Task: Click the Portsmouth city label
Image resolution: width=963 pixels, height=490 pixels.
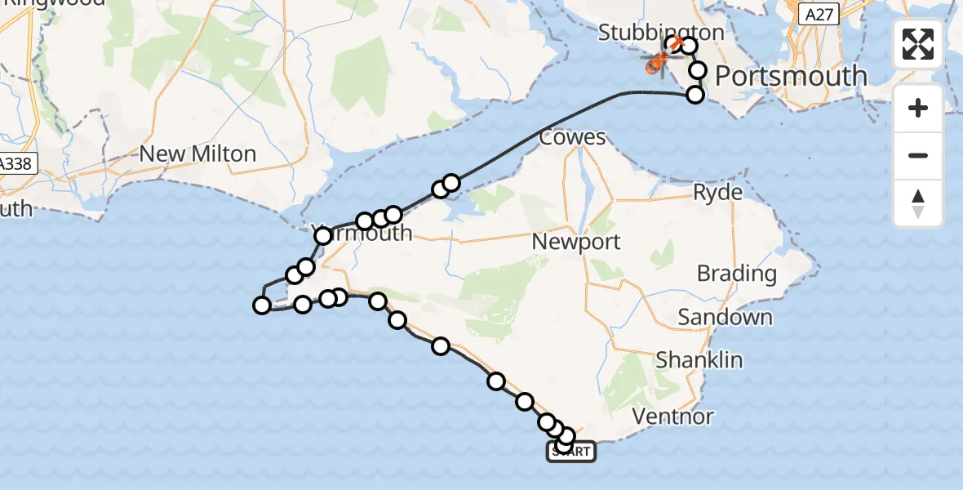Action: coord(791,76)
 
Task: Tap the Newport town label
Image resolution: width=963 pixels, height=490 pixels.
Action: coord(575,242)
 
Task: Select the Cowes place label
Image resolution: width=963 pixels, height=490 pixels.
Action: coord(572,137)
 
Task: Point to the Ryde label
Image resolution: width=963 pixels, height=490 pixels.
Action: coord(717,193)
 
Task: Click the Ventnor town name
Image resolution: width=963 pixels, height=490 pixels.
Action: coord(673,417)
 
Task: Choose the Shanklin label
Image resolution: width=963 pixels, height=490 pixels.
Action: coord(699,359)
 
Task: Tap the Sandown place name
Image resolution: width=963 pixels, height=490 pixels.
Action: coord(725,317)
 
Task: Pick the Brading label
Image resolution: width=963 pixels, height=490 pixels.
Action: coord(736,274)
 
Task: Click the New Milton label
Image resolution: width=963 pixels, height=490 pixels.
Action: coord(197,154)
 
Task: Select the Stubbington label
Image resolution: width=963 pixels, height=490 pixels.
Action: coord(661,33)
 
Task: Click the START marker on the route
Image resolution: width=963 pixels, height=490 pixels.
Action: coord(571,451)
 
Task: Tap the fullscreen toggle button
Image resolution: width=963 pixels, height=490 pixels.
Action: coord(918,44)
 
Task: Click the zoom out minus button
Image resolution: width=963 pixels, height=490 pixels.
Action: coord(918,155)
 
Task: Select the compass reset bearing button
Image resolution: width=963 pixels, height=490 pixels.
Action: coord(918,203)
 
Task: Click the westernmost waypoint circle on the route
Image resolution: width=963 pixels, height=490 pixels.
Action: coord(262,305)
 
